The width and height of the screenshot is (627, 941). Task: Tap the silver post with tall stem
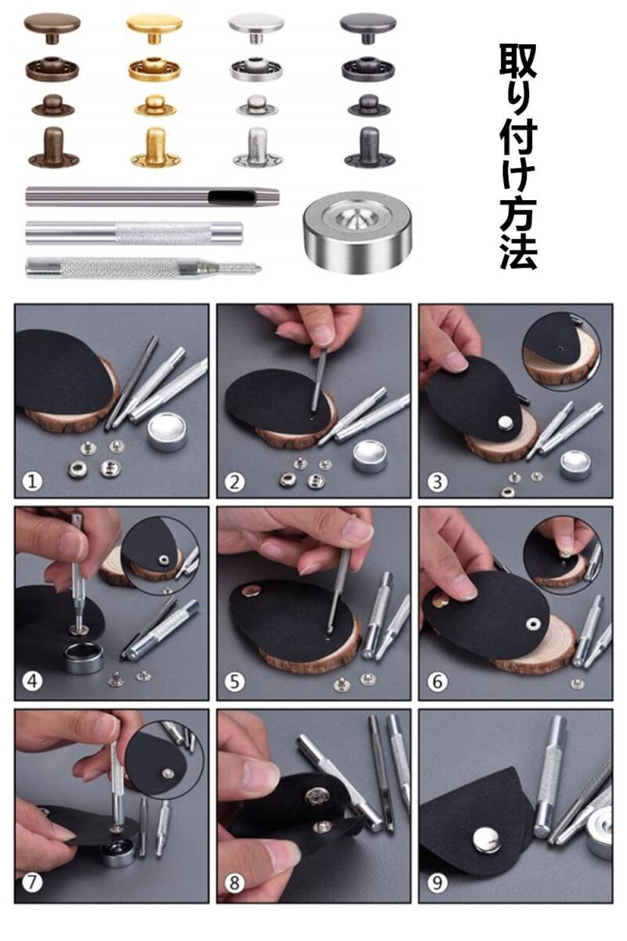[257, 147]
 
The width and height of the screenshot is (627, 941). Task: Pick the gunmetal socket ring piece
[368, 69]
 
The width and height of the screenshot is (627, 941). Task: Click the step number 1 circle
[32, 481]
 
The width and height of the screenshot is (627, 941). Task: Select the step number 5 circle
[234, 681]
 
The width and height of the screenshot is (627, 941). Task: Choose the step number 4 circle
[32, 681]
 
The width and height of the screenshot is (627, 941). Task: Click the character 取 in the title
[518, 61]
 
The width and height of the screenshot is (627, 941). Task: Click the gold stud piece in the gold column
[154, 105]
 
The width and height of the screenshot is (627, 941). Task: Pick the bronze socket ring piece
[52, 68]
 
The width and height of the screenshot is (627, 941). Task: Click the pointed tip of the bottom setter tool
[260, 267]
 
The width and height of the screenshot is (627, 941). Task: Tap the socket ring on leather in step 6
[534, 624]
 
